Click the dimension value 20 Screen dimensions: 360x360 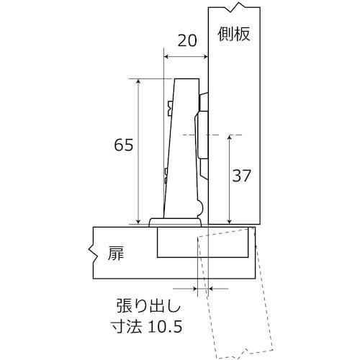186,41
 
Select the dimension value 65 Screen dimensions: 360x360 123,145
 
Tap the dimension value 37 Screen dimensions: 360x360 242,175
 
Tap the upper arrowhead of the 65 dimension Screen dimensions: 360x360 137,81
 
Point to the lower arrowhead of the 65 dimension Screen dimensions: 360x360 137,220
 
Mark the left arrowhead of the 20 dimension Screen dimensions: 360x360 167,57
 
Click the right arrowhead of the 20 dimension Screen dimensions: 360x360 205,57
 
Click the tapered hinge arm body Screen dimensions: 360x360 183,151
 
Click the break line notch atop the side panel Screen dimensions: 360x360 232,9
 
